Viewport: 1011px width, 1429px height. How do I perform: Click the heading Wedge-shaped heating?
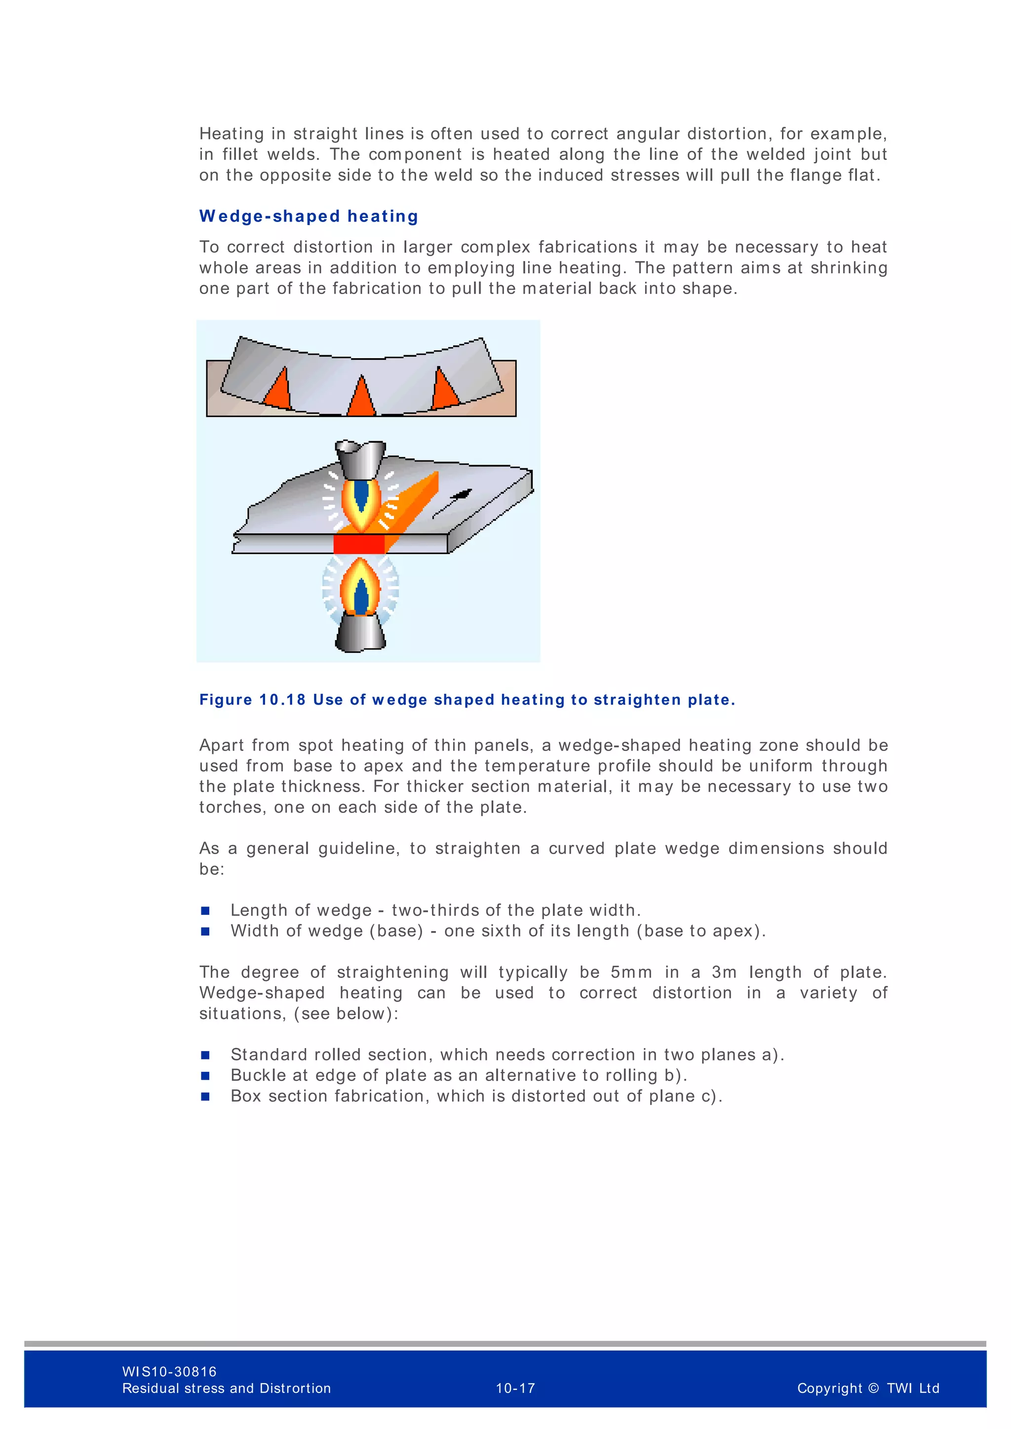[308, 216]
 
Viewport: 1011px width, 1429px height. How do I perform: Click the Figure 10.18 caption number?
[282, 700]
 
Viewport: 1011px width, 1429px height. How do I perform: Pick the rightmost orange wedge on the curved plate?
[444, 389]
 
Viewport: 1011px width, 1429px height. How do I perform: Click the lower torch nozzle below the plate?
[360, 633]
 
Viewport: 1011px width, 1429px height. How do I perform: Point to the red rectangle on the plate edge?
[358, 544]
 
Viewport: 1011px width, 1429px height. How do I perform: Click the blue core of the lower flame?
[361, 595]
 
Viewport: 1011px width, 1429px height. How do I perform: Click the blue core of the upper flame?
[361, 495]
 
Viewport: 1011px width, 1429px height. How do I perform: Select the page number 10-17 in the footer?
[515, 1388]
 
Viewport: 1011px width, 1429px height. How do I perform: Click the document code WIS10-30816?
[169, 1371]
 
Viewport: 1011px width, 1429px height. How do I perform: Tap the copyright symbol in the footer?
[873, 1388]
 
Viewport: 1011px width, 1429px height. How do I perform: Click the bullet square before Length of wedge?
[205, 910]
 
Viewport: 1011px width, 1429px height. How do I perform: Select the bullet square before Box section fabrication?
[205, 1096]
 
